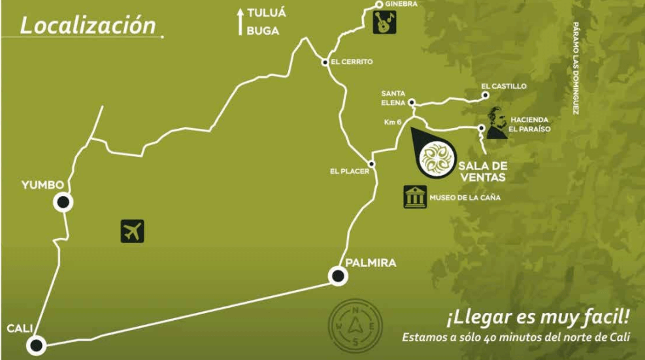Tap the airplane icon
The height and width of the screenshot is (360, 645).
132,231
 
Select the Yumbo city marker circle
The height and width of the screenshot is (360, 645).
63,203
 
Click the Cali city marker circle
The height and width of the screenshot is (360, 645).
35,344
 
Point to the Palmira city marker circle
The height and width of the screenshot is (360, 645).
338,277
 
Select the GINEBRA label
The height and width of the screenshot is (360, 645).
402,4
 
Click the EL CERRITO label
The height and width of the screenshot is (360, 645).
352,62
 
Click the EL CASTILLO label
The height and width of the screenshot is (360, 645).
503,86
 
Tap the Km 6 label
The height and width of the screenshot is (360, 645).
393,122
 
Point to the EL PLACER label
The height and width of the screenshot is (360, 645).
350,172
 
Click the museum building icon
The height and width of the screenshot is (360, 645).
414,197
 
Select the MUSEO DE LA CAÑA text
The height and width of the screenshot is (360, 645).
465,198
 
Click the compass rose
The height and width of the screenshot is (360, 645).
356,324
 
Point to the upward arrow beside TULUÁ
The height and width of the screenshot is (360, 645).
240,20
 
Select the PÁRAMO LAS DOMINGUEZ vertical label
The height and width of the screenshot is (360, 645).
576,68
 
